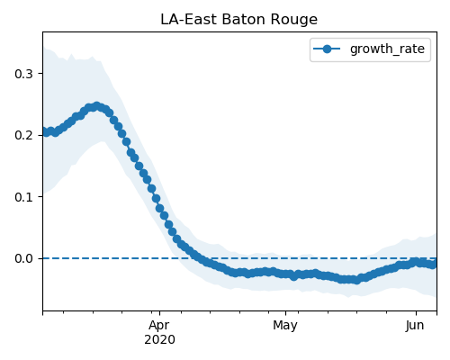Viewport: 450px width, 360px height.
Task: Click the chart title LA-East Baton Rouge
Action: pyautogui.click(x=238, y=20)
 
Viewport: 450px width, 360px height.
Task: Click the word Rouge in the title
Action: pyautogui.click(x=293, y=21)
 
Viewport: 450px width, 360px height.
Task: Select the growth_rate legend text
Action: pyautogui.click(x=387, y=49)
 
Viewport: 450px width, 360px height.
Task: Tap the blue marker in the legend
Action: pyautogui.click(x=327, y=49)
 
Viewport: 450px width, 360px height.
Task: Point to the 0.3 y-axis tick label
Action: pyautogui.click(x=23, y=74)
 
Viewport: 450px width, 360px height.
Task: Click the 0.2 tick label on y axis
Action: pyautogui.click(x=23, y=135)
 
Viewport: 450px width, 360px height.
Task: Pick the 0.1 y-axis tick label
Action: pyautogui.click(x=23, y=197)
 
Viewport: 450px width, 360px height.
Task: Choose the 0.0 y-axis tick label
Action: pyautogui.click(x=23, y=258)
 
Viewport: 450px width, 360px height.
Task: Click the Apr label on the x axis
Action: pyautogui.click(x=159, y=326)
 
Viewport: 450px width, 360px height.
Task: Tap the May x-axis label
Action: pyautogui.click(x=285, y=326)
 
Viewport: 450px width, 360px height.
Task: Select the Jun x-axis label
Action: pyautogui.click(x=415, y=326)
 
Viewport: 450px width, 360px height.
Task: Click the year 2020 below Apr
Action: pyautogui.click(x=159, y=340)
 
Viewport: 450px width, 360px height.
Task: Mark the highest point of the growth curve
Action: pyautogui.click(x=96, y=106)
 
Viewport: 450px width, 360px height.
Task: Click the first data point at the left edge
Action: pyautogui.click(x=43, y=131)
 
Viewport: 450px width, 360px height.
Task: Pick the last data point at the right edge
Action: pyautogui.click(x=433, y=265)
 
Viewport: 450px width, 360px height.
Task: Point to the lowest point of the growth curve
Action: pyautogui.click(x=356, y=280)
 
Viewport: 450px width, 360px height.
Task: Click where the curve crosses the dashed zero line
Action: pyautogui.click(x=199, y=258)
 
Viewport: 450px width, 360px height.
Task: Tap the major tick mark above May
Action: pyautogui.click(x=285, y=313)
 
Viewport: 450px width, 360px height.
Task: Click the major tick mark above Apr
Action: pyautogui.click(x=159, y=313)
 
